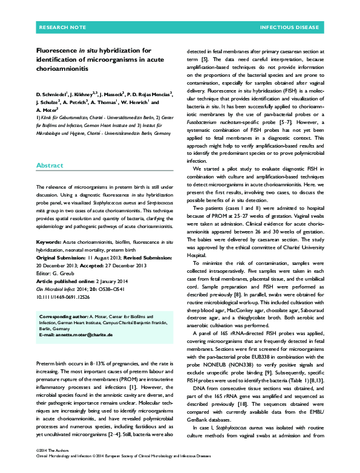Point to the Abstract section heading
(50, 148)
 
